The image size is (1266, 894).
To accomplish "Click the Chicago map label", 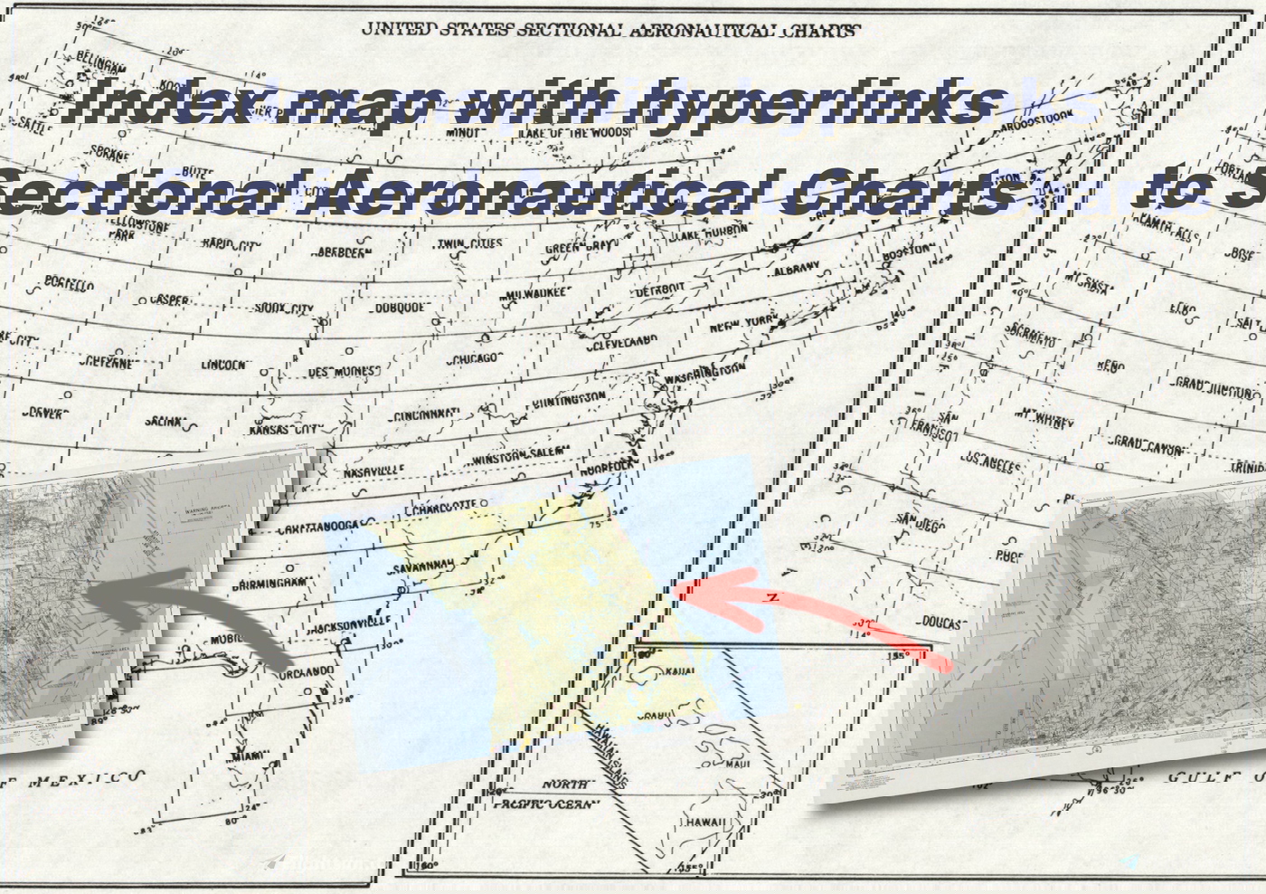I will (x=474, y=358).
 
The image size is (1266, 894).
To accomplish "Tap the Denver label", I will (x=46, y=413).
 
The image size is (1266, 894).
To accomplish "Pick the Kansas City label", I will (x=285, y=429).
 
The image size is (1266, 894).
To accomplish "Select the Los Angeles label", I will (x=991, y=465).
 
